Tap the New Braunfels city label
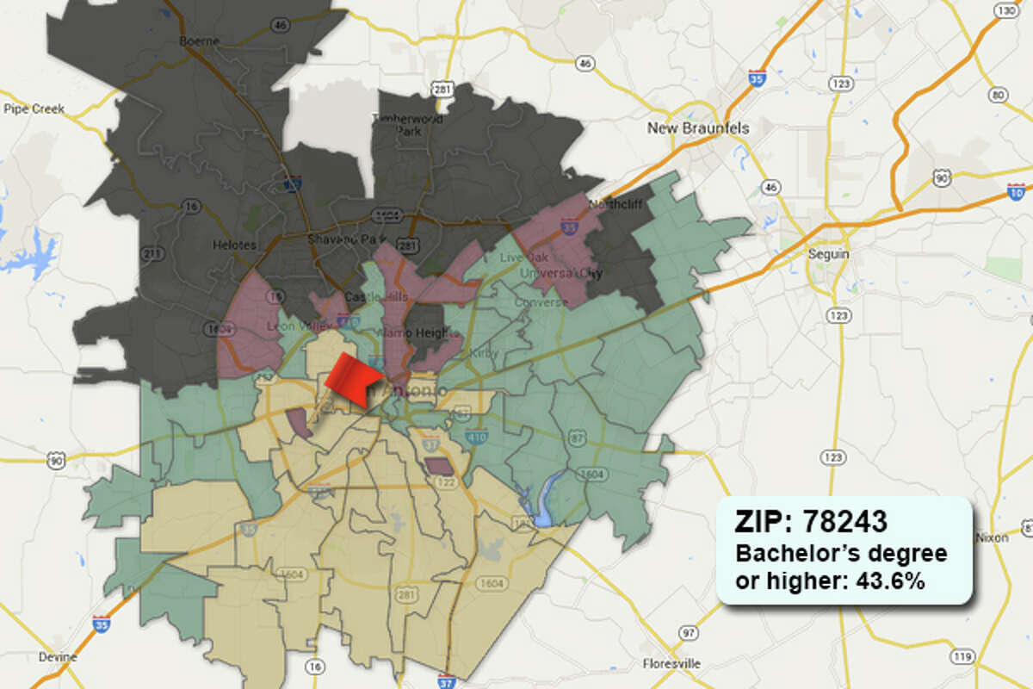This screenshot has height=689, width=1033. pos(698,128)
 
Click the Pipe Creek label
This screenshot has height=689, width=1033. pos(34,109)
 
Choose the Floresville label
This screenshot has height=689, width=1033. pos(671,663)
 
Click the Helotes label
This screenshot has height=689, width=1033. pos(233,245)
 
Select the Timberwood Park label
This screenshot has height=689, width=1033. pos(407,125)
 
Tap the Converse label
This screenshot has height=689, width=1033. pos(535,302)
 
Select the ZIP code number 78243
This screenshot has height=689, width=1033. pos(844,521)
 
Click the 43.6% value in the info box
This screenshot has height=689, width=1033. pos(890,581)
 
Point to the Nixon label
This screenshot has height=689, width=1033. pos(992,537)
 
